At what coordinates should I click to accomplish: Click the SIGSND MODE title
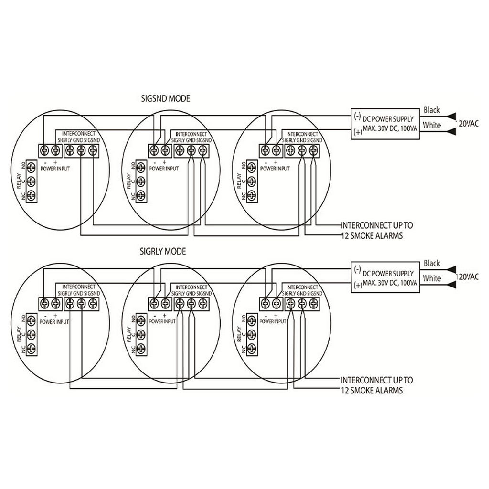(166, 98)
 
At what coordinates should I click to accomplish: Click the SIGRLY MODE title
(163, 251)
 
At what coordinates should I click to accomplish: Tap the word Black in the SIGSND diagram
(432, 110)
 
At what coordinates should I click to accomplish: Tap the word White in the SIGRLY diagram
(432, 278)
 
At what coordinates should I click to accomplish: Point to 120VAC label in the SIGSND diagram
(467, 124)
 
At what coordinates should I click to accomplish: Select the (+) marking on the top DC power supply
(358, 132)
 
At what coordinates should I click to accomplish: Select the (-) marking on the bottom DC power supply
(358, 269)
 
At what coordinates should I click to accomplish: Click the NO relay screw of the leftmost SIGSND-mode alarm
(31, 168)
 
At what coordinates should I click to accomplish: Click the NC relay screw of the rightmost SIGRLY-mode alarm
(252, 348)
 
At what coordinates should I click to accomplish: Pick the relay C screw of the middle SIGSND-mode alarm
(141, 181)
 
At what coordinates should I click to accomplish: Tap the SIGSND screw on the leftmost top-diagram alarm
(93, 150)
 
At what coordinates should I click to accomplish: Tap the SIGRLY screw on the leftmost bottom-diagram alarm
(70, 303)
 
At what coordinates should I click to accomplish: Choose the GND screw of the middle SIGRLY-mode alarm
(191, 303)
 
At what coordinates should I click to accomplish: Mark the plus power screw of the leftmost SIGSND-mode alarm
(55, 150)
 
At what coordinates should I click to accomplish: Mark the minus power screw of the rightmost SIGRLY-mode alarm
(265, 303)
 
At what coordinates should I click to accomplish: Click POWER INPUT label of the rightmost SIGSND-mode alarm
(275, 169)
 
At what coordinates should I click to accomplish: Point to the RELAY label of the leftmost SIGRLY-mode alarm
(19, 334)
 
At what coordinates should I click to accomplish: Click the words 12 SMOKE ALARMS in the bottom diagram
(372, 391)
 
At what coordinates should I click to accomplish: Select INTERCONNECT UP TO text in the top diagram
(377, 225)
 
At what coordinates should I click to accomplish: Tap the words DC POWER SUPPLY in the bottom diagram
(388, 274)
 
